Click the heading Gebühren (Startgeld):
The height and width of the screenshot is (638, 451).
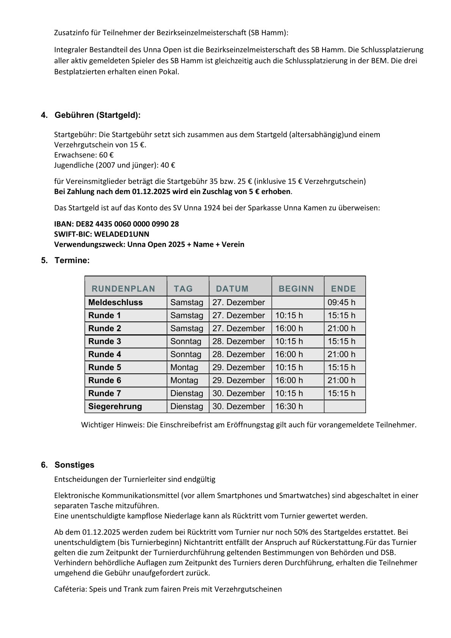pyautogui.click(x=97, y=115)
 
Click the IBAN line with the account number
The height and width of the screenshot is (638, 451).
pyautogui.click(x=116, y=224)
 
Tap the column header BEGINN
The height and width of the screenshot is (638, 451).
pyautogui.click(x=296, y=289)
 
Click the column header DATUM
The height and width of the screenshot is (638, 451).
pyautogui.click(x=232, y=289)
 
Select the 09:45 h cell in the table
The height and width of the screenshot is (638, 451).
pyautogui.click(x=341, y=303)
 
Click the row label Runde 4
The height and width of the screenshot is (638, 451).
pyautogui.click(x=105, y=354)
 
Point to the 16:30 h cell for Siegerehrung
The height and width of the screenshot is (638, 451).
pyautogui.click(x=289, y=406)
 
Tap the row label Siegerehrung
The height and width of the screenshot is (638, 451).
pyautogui.click(x=115, y=406)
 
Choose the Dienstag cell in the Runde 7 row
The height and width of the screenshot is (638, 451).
pyautogui.click(x=186, y=393)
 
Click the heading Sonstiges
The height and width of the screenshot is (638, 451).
pyautogui.click(x=74, y=465)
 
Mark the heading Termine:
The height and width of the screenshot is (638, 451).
pyautogui.click(x=72, y=260)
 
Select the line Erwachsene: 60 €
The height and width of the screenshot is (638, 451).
pyautogui.click(x=84, y=155)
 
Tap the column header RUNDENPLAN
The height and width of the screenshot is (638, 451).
pyautogui.click(x=123, y=289)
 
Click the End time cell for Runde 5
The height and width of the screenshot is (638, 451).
pyautogui.click(x=341, y=367)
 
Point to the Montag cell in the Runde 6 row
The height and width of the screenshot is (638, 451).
pyautogui.click(x=184, y=380)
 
